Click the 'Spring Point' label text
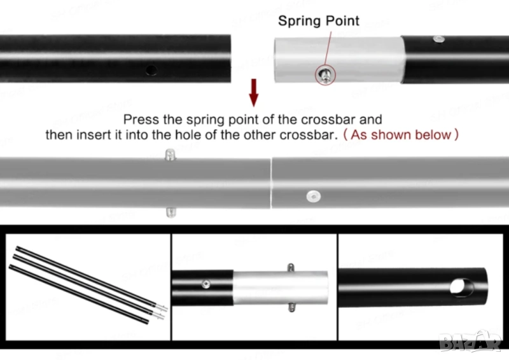tap(318, 20)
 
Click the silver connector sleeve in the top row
tap(338, 60)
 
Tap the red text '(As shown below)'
tap(400, 134)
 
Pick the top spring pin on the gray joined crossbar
tap(169, 154)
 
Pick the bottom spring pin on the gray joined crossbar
tap(169, 212)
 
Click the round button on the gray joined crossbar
tap(311, 196)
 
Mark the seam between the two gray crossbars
tap(271, 183)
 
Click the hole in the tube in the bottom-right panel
tap(458, 286)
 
